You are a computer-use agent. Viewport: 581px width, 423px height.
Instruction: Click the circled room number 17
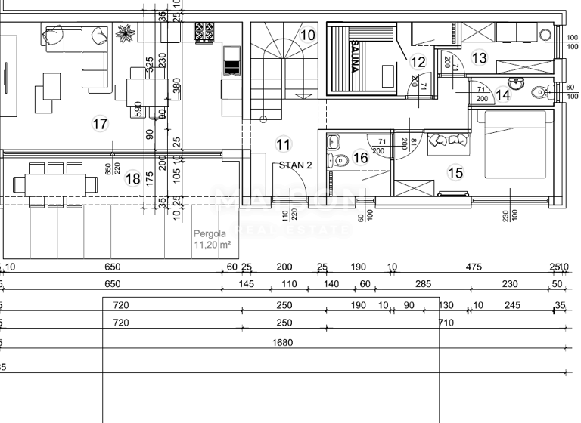click(x=100, y=125)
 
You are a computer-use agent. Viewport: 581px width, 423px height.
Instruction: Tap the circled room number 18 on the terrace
click(x=132, y=178)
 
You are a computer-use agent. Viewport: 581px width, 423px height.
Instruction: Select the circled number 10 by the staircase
click(x=308, y=35)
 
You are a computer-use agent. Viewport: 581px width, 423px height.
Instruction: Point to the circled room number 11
click(x=284, y=144)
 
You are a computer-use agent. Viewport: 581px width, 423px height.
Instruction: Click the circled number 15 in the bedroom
click(x=455, y=173)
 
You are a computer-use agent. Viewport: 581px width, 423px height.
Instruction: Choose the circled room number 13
click(x=479, y=57)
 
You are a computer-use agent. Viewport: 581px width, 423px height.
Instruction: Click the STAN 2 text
click(x=296, y=165)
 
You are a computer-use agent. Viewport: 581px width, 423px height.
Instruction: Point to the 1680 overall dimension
click(x=282, y=342)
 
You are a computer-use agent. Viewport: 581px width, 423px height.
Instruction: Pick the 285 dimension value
click(x=423, y=284)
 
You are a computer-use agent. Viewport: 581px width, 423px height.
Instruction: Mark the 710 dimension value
click(x=446, y=323)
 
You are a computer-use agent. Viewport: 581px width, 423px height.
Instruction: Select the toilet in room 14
click(x=538, y=93)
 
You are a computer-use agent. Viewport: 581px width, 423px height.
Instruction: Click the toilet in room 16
click(x=340, y=159)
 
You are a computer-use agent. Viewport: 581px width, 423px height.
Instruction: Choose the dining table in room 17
click(x=141, y=91)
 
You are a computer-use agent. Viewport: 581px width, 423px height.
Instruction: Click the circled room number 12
click(x=418, y=62)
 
